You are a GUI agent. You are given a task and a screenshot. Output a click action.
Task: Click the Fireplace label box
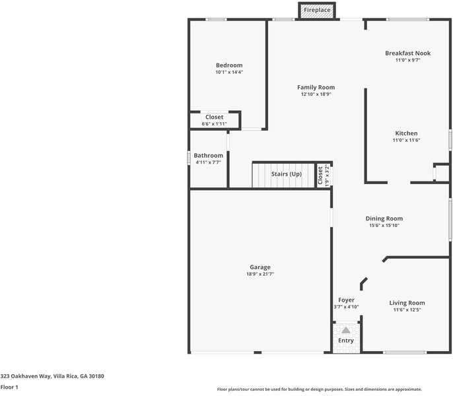pos(318,11)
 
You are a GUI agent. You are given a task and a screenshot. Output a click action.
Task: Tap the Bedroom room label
pos(229,65)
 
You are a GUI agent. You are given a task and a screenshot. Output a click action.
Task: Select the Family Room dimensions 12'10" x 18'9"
pos(316,94)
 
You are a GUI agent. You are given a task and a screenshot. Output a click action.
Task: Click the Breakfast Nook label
pos(407,53)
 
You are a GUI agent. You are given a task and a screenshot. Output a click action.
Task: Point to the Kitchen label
pos(406,133)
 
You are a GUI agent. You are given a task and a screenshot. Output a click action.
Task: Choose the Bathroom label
pos(208,156)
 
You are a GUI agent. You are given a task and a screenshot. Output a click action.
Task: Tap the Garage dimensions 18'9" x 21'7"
pos(260,274)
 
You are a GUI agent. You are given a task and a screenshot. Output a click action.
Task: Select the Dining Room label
pos(384,218)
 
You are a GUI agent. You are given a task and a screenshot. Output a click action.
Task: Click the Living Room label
pos(407,303)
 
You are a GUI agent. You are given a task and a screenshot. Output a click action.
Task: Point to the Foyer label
pos(346,300)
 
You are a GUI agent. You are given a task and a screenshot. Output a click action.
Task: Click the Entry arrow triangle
pos(346,330)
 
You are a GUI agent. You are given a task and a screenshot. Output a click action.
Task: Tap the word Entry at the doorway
pos(346,341)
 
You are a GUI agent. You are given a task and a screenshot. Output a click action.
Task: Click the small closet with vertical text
pos(324,176)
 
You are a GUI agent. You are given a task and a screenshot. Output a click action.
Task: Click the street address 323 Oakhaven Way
pos(52,376)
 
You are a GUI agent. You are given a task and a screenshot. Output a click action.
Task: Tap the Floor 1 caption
pos(9,387)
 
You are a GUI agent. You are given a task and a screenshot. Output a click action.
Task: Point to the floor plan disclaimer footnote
pos(320,389)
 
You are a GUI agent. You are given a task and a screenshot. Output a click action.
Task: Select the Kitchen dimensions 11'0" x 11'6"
pos(406,140)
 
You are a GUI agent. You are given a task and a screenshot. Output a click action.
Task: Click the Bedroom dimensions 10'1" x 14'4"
pos(229,72)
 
